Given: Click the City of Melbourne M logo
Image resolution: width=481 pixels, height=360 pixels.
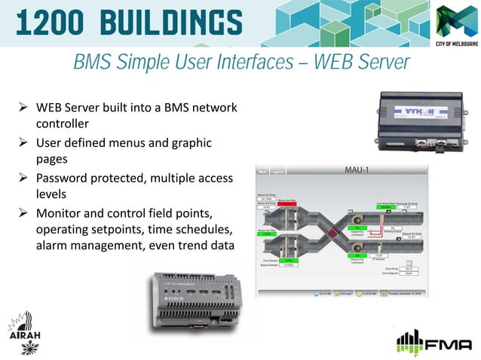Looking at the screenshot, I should pos(455,22).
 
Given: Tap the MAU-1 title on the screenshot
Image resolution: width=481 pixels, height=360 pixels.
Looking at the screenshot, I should pos(356,170).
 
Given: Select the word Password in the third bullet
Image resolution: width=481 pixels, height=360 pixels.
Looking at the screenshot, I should pos(66,178).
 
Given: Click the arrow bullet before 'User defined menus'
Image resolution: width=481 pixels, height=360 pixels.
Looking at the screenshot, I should pos(23,143).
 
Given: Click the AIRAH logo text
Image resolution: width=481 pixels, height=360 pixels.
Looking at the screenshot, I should pos(25,334).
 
